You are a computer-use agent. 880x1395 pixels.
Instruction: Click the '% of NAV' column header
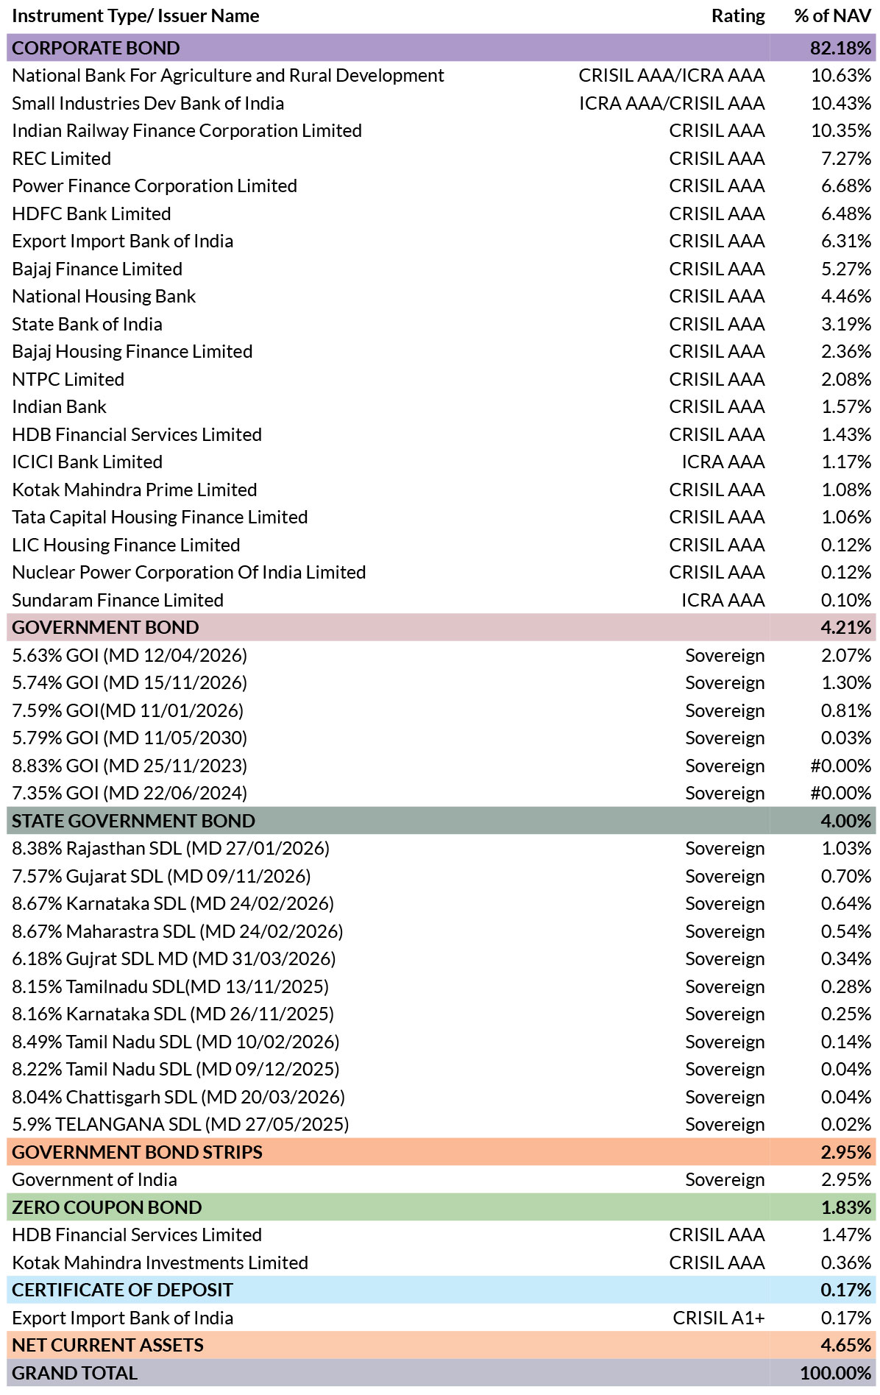832,16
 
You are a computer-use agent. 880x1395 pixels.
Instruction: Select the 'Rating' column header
738,16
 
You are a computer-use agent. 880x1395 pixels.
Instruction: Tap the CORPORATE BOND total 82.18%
840,48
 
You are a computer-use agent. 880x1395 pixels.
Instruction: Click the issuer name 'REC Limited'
62,158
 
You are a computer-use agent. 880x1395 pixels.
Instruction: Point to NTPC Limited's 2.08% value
846,379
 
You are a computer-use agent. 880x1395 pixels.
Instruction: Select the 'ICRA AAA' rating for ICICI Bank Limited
723,462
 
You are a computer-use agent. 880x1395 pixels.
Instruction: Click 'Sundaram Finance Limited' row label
118,600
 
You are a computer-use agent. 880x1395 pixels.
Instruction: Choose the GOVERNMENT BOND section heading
105,627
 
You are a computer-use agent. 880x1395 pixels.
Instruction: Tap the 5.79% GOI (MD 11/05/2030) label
129,738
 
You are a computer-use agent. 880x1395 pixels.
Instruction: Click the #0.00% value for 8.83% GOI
840,766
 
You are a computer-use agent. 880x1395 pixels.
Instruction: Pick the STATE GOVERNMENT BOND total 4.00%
846,821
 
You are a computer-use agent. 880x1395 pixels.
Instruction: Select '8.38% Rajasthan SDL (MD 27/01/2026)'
171,848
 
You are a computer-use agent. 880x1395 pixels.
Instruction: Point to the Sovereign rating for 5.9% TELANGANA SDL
725,1124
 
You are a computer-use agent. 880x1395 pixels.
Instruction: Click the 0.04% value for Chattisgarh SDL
846,1097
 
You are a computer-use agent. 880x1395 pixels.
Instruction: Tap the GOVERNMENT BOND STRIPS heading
137,1152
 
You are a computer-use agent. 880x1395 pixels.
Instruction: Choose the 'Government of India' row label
94,1179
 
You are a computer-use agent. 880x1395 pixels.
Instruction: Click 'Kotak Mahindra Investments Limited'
160,1262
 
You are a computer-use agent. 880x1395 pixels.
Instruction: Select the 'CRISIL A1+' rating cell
719,1318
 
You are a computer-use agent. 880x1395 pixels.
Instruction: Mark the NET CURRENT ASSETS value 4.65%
846,1345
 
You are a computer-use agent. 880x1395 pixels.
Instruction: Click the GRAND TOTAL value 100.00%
836,1373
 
